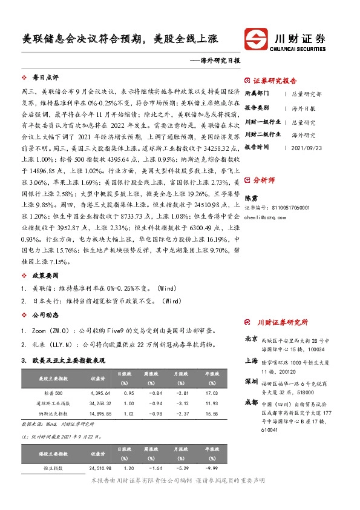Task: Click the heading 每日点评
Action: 45,78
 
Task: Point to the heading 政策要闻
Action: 45,276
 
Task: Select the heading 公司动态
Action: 45,315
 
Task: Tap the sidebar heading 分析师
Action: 264,180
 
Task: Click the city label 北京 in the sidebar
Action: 251,339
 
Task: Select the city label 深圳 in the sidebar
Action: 251,382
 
